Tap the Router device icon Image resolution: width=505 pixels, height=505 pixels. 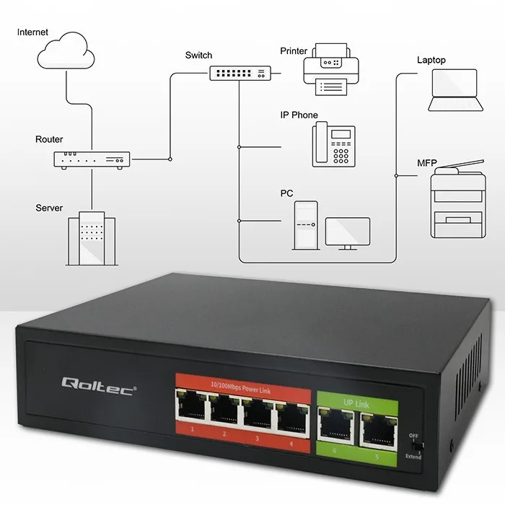(92, 159)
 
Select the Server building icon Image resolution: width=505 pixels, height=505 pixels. (92, 237)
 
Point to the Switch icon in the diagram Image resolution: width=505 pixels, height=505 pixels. (241, 73)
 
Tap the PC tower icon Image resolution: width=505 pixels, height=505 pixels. (304, 224)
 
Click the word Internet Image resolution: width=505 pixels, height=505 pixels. (32, 32)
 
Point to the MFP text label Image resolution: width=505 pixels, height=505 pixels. (426, 162)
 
